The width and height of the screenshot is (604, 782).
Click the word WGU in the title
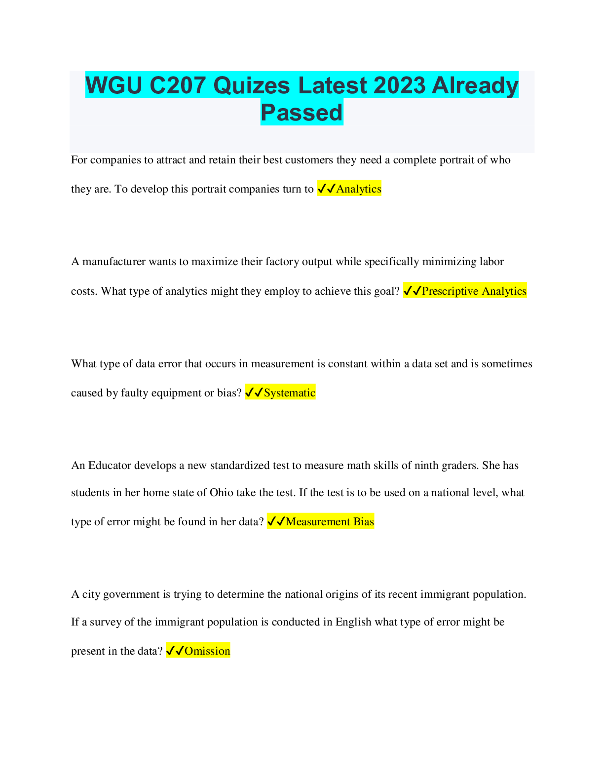(114, 85)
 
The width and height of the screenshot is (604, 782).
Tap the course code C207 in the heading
(178, 85)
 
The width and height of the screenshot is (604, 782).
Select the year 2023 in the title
(399, 85)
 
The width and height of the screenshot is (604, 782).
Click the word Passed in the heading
(302, 112)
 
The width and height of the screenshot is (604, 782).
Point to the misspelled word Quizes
(252, 85)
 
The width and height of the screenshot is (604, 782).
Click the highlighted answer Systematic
(289, 392)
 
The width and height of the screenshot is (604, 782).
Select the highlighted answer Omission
(207, 651)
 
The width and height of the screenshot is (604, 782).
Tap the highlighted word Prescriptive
(450, 291)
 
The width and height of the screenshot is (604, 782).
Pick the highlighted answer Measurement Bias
(330, 521)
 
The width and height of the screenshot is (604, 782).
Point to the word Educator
(110, 465)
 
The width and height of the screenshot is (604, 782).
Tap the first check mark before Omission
(170, 651)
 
